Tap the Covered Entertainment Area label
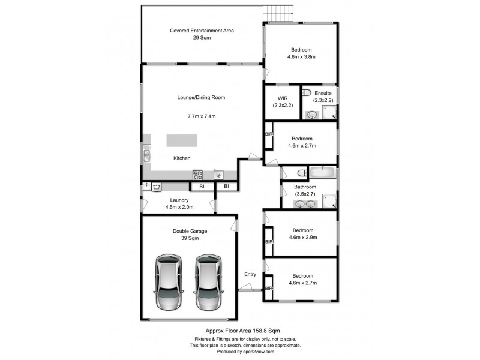(x=202, y=30)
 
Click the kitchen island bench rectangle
(x=182, y=140)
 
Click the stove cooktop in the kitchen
(x=198, y=175)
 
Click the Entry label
(x=250, y=274)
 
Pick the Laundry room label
(x=179, y=200)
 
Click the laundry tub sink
(x=157, y=187)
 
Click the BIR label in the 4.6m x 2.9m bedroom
(x=269, y=241)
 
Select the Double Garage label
(x=185, y=230)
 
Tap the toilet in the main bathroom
(x=302, y=174)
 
